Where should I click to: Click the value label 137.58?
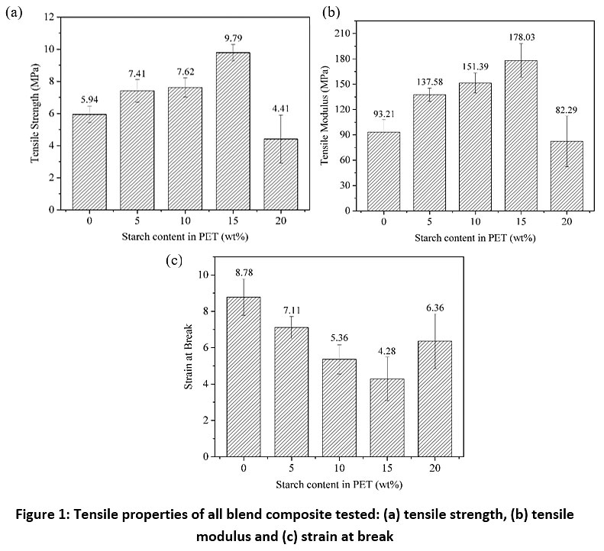pyautogui.click(x=429, y=80)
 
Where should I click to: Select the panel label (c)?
pyautogui.click(x=173, y=260)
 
